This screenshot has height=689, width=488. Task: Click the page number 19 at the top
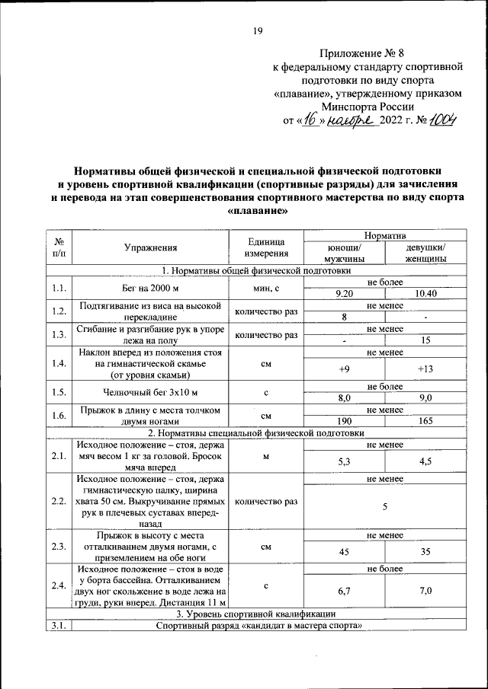tap(257, 31)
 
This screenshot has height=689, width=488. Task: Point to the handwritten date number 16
tap(309, 120)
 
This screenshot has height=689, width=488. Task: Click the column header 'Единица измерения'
tap(266, 247)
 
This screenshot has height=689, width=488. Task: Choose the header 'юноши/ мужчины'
tap(344, 253)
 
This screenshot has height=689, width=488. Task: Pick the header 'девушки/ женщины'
tap(425, 253)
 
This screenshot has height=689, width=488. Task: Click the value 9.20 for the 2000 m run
tap(344, 293)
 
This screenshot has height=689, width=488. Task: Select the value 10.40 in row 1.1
tap(425, 293)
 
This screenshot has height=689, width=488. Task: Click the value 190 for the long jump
tap(344, 421)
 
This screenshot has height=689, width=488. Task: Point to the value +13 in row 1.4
tap(425, 369)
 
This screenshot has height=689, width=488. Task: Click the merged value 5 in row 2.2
tap(385, 507)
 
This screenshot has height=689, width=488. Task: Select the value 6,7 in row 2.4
tap(344, 591)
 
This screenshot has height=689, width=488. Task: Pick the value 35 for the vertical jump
tap(425, 552)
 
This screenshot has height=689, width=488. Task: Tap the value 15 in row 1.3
tap(425, 340)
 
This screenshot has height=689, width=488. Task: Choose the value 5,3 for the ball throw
tap(344, 461)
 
